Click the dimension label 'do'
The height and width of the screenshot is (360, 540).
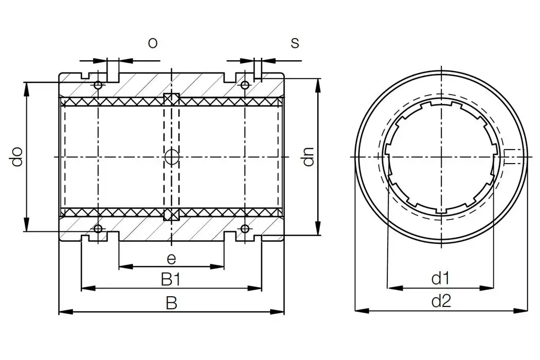[x=17, y=157]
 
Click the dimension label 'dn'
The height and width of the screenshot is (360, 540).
[x=308, y=157]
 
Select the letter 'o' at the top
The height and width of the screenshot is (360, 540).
[x=153, y=43]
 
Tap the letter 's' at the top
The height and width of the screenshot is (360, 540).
[x=295, y=43]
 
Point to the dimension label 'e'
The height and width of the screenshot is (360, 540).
[x=172, y=259]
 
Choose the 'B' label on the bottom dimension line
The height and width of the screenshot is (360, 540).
[x=171, y=303]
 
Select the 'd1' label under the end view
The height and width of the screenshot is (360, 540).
[x=440, y=279]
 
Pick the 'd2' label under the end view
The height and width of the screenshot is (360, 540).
[x=440, y=301]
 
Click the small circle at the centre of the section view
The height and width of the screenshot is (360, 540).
[x=171, y=157]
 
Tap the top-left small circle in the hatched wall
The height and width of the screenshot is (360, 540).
[x=98, y=84]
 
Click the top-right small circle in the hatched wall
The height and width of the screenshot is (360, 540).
[x=245, y=84]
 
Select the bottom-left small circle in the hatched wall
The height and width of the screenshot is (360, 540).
[x=98, y=228]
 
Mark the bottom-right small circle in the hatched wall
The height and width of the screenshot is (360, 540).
[x=245, y=228]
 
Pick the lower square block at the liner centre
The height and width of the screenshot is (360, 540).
[x=171, y=214]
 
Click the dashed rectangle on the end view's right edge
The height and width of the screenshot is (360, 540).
[x=512, y=156]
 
